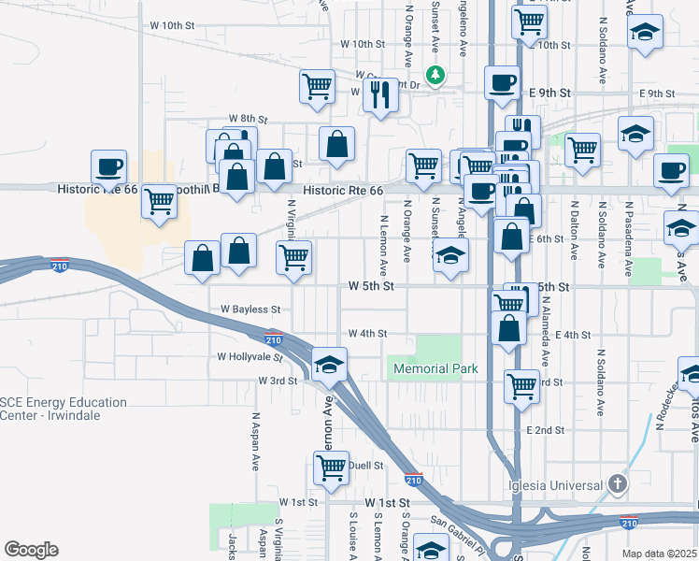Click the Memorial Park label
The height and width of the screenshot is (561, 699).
tap(435, 368)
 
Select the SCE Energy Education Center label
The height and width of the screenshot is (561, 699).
tap(64, 409)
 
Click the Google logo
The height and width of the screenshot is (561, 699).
tap(31, 550)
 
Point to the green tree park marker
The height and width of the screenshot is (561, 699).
tap(435, 74)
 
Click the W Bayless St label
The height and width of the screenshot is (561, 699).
tap(250, 309)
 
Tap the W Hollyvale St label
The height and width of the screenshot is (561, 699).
tap(250, 356)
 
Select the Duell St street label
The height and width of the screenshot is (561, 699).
tap(365, 464)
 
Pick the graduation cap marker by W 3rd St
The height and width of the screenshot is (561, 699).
tap(329, 365)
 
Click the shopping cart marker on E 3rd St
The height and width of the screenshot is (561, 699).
tap(521, 384)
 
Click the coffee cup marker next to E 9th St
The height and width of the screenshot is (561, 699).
tap(502, 82)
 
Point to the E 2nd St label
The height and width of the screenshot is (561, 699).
tap(546, 430)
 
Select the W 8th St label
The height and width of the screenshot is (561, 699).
tap(248, 120)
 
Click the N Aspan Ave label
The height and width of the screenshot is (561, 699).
tap(254, 440)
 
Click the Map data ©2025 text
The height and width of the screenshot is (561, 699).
tap(659, 554)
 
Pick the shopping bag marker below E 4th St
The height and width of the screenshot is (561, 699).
tap(508, 328)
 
